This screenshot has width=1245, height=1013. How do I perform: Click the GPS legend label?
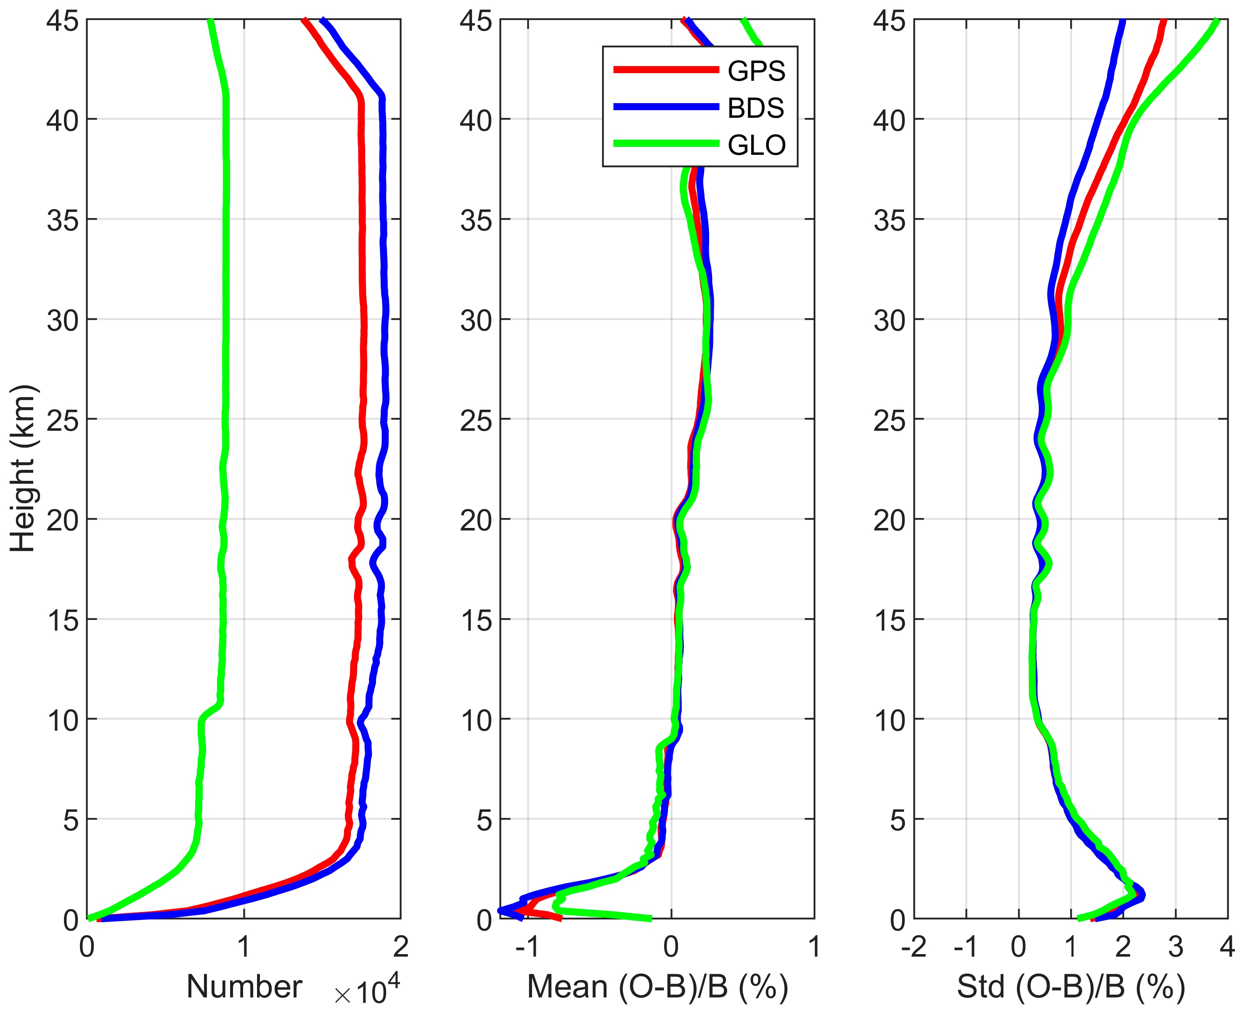point(756,71)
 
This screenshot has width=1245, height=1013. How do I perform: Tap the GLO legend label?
point(757,145)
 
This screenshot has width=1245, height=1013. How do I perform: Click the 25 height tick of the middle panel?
point(476,421)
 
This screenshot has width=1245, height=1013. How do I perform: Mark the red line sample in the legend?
point(666,70)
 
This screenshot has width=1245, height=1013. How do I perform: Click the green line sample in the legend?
point(666,143)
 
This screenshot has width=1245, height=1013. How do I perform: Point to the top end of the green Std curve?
point(1217,21)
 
